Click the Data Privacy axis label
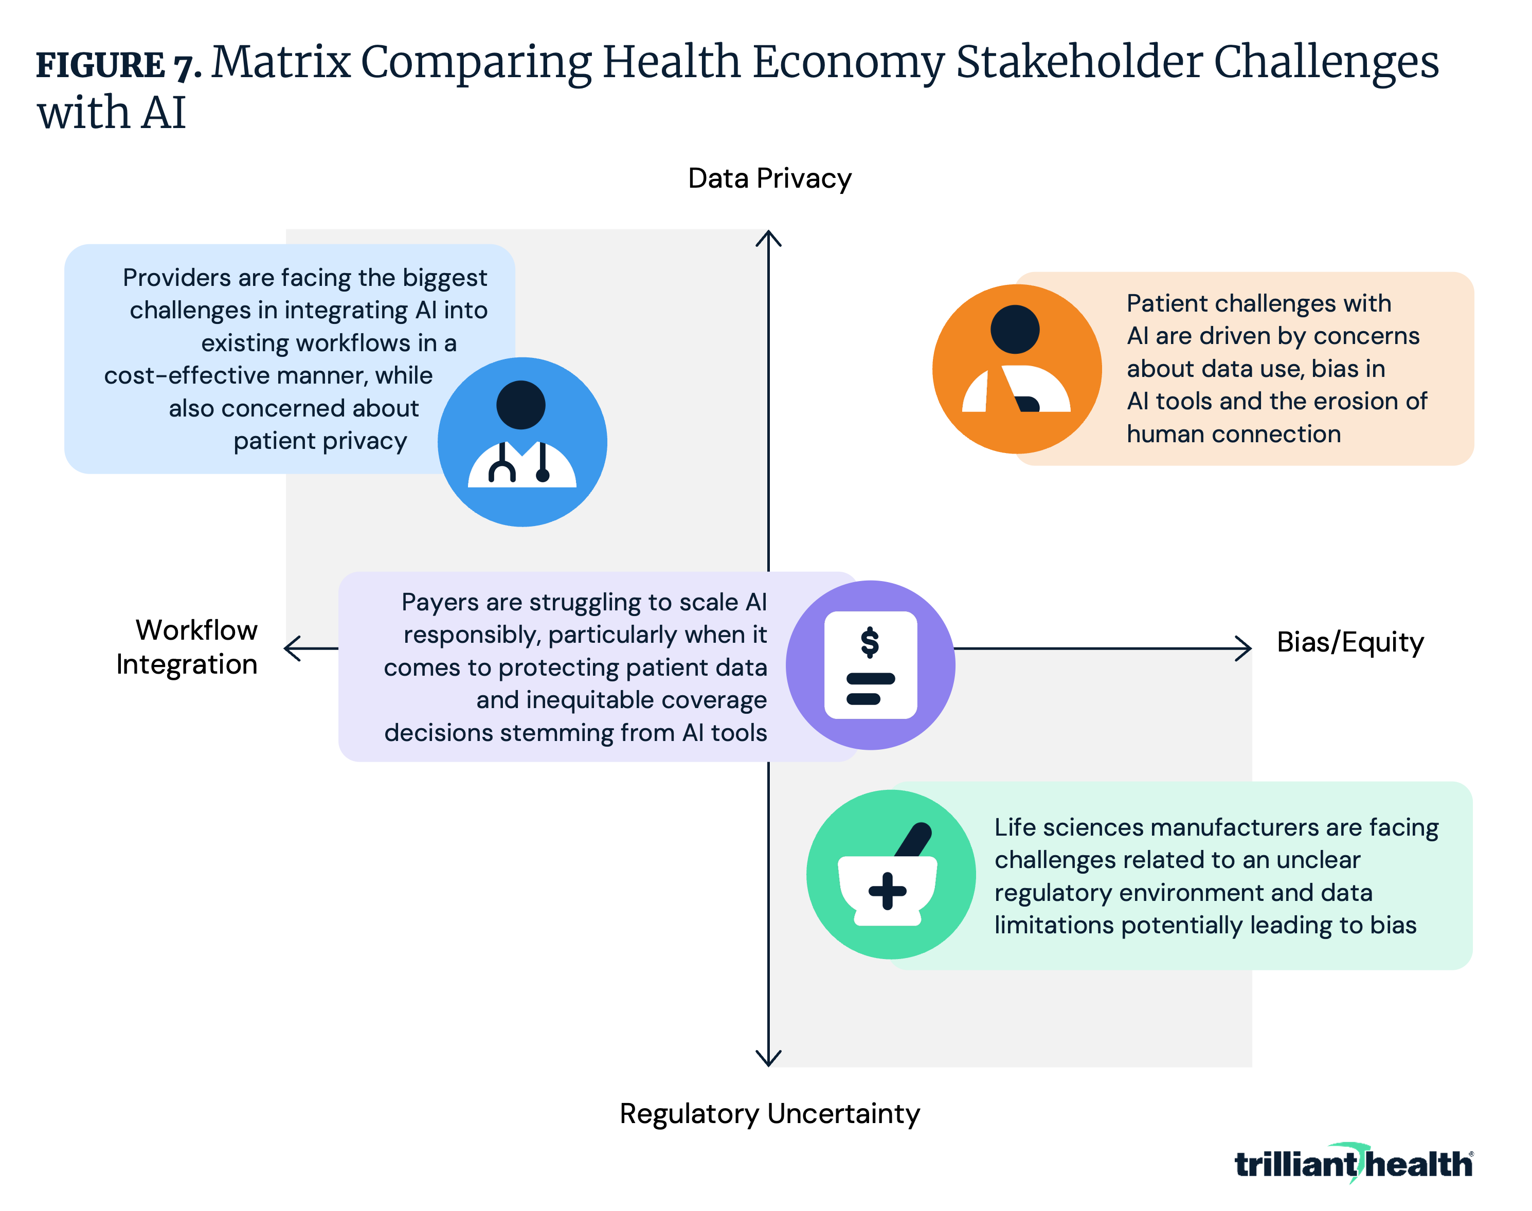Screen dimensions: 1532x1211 (769, 178)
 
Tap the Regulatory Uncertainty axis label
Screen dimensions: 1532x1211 (769, 1113)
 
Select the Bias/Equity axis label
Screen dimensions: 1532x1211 (1350, 642)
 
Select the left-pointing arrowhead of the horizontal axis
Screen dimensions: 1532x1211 (292, 648)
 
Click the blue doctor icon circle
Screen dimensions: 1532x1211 (522, 442)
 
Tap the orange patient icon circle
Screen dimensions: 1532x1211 (1017, 369)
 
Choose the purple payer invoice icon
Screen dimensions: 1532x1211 (871, 665)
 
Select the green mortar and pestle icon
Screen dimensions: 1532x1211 (891, 874)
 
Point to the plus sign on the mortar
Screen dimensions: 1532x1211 (888, 891)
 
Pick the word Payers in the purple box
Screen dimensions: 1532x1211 (440, 603)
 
